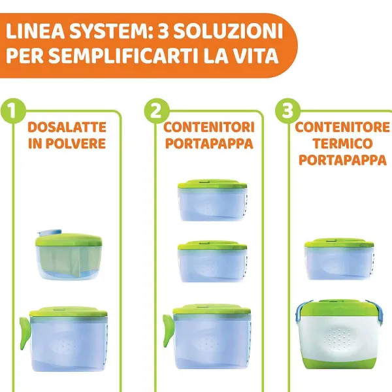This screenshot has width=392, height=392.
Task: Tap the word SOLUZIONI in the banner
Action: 228,31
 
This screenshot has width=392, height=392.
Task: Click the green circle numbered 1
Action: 13,110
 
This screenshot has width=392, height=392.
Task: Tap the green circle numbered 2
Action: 157,110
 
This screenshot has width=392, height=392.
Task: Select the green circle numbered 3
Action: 287,110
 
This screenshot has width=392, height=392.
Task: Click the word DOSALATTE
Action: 67,127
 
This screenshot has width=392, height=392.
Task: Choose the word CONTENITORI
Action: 209,127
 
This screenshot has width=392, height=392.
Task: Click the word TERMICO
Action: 342,144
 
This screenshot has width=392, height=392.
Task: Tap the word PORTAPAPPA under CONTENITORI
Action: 209,144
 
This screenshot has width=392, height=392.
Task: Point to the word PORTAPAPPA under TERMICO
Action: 342,160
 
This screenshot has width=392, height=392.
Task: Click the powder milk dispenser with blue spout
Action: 69,255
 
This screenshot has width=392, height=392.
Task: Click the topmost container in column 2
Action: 212,200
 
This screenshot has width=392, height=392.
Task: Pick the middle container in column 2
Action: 212,261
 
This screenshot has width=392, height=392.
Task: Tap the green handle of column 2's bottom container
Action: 169,331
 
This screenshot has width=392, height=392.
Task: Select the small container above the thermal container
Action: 339,259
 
